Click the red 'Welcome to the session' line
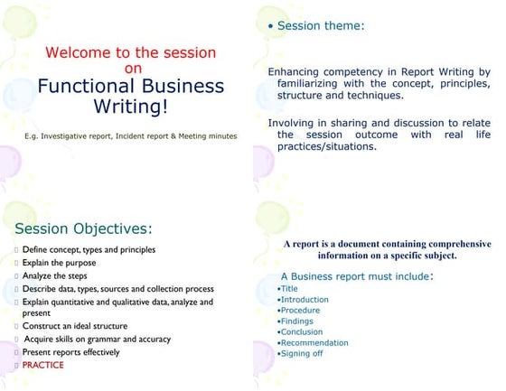point(131,53)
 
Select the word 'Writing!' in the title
point(131,107)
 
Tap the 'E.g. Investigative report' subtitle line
point(131,136)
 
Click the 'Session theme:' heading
point(321,26)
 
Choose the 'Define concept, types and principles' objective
point(89,249)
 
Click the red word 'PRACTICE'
point(43,365)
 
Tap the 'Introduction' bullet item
point(305,299)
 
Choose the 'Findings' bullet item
point(298,321)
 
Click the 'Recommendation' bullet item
point(314,342)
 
